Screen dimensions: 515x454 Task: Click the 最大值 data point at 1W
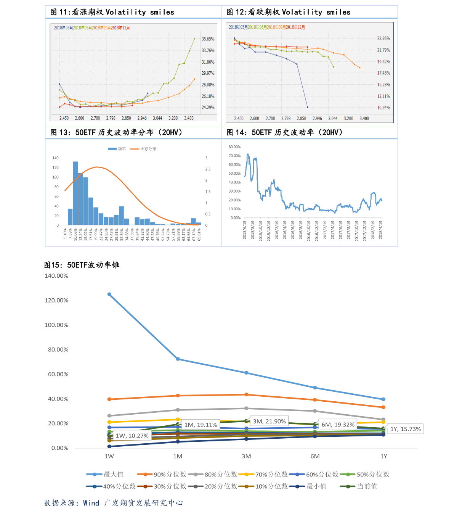(x=109, y=295)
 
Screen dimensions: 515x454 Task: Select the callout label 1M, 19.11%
(x=201, y=425)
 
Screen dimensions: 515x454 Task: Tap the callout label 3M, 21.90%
(x=269, y=421)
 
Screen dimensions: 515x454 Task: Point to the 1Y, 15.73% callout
(x=405, y=429)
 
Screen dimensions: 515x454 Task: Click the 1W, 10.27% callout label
(x=132, y=436)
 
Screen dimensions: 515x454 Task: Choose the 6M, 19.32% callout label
(x=338, y=425)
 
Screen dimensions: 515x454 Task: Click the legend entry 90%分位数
(x=170, y=475)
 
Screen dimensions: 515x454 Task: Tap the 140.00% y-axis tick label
(x=56, y=276)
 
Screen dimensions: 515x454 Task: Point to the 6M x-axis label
(x=315, y=456)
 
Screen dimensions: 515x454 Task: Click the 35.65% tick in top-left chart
(x=208, y=39)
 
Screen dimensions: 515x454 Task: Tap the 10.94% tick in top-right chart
(x=383, y=108)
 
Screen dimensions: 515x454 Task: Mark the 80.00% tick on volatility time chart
(x=234, y=147)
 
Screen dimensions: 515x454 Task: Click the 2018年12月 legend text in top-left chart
(x=120, y=28)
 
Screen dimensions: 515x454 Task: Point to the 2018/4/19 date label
(x=380, y=230)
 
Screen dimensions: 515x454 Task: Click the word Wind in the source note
(x=91, y=503)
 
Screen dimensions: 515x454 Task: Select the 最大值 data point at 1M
(x=178, y=359)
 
